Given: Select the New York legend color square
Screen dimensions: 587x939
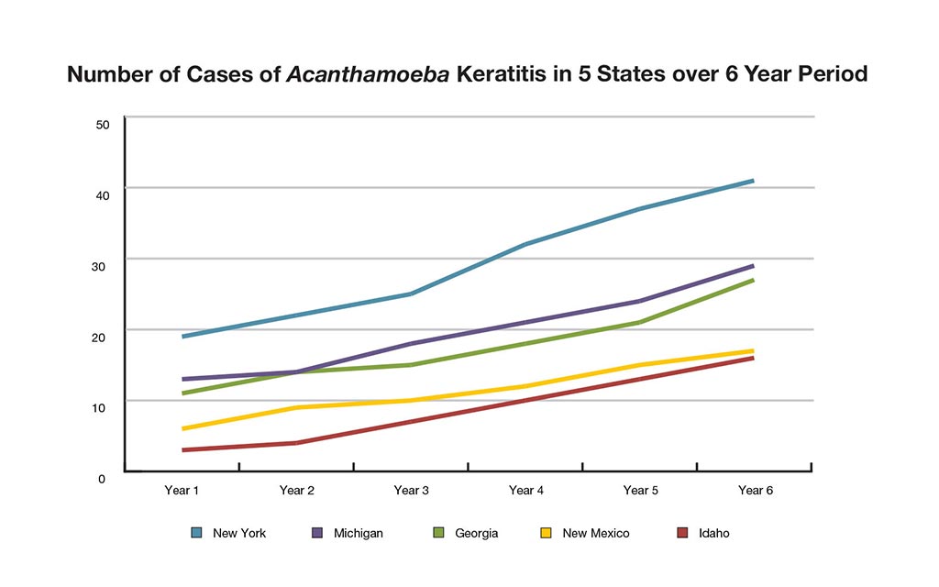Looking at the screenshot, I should (196, 532).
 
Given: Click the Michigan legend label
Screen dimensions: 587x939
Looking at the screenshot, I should (359, 533).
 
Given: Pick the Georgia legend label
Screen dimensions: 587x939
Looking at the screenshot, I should (476, 533).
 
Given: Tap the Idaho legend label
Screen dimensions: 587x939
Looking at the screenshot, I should (713, 533).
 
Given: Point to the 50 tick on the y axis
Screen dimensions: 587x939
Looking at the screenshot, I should (103, 124).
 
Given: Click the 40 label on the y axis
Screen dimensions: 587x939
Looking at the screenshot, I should (103, 194).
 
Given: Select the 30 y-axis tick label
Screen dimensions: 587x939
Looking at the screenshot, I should (103, 266).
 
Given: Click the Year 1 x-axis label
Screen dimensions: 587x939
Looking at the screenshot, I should (182, 491).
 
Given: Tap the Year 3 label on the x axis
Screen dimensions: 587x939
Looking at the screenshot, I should (412, 491).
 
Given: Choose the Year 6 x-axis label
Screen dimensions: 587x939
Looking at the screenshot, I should (756, 491).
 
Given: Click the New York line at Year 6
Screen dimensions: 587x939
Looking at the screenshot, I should (753, 181).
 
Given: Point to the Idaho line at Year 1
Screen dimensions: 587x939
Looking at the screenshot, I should (182, 450).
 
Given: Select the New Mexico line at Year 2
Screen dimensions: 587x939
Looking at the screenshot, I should (296, 407).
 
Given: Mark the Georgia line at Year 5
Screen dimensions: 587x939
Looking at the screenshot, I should (639, 322).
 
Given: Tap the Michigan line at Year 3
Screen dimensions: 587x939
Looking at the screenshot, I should (411, 344).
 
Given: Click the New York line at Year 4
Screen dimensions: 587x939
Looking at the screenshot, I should (525, 244).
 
